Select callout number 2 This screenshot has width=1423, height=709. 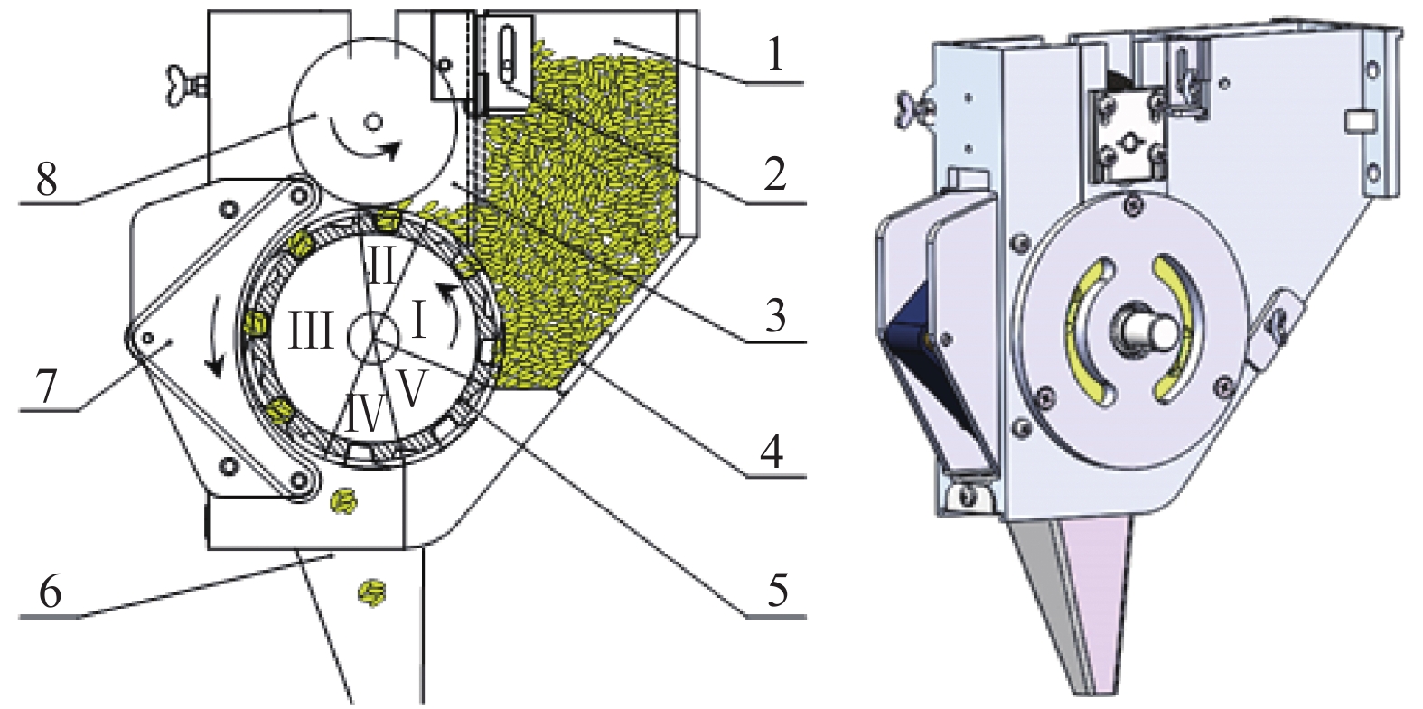pos(775,173)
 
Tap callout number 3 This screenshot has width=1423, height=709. pos(775,314)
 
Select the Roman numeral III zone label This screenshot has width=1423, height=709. pos(311,331)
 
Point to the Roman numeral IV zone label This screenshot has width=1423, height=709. pos(366,415)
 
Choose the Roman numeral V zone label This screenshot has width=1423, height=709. pos(411,391)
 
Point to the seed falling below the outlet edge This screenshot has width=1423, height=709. pos(371,593)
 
